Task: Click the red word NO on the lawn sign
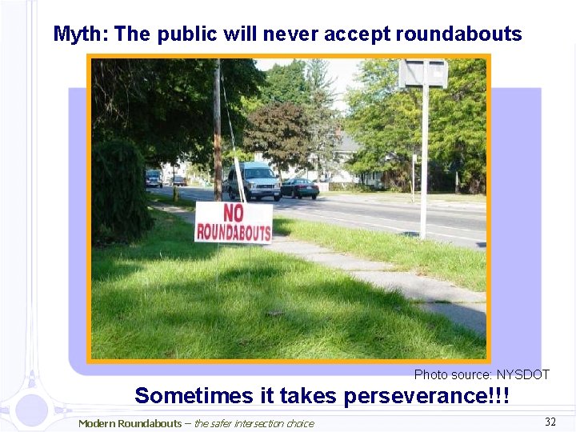point(234,214)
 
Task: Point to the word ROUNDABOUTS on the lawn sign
point(234,231)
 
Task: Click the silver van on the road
point(254,182)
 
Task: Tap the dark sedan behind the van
point(300,188)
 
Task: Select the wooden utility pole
point(217,120)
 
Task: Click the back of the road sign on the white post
point(422,74)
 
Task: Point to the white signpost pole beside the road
point(424,160)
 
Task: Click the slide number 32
point(550,422)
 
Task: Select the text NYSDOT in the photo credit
point(523,374)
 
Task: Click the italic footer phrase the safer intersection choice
point(254,423)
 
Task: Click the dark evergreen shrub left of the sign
point(119,192)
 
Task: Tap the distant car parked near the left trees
point(154,178)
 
